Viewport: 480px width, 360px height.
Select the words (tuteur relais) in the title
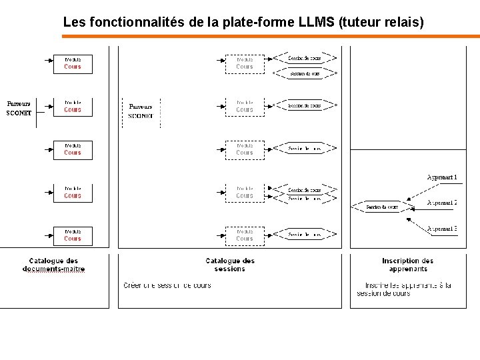(381, 22)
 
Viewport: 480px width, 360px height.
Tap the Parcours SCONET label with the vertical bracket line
(19, 109)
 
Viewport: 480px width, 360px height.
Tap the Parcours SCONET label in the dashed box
(141, 111)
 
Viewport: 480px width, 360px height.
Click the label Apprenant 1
(442, 177)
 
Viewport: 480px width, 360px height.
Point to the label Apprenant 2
(442, 202)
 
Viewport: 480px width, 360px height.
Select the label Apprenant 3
(442, 229)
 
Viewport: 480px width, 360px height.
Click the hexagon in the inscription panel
(381, 207)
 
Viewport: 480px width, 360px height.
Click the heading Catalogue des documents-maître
(53, 265)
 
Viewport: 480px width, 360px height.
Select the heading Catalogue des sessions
(230, 265)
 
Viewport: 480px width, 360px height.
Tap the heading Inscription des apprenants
(407, 265)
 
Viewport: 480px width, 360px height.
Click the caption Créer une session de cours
(167, 285)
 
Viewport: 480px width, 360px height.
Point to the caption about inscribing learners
(404, 289)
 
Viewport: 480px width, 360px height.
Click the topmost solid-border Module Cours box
(73, 63)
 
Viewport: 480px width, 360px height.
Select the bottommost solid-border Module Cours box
(73, 235)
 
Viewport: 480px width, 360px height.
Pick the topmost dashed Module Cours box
(245, 63)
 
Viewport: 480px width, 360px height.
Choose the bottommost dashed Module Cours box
(245, 235)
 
